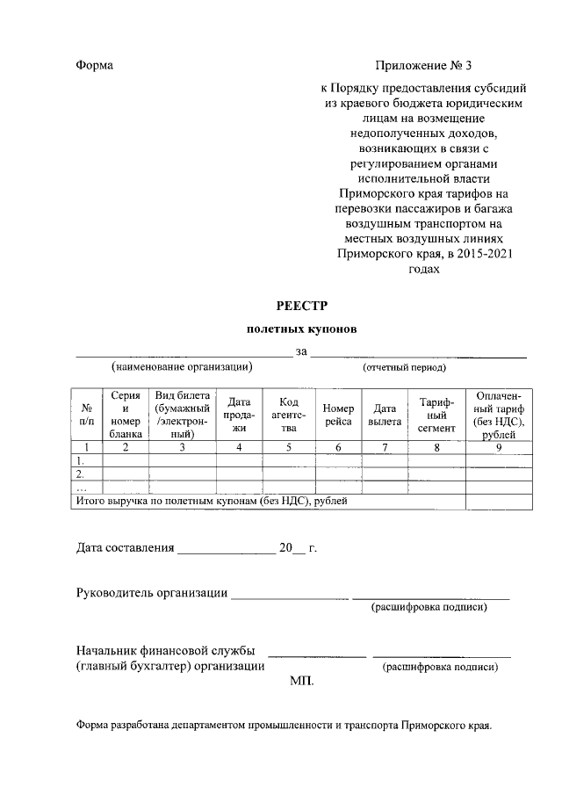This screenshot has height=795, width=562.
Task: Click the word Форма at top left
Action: pos(95,66)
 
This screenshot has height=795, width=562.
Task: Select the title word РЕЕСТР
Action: pos(301,306)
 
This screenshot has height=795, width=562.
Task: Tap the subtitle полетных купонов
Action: pos(301,329)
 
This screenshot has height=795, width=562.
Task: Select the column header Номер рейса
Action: pos(338,415)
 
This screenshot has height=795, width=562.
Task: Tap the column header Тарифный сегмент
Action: pos(436,415)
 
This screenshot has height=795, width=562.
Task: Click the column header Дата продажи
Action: pos(240,415)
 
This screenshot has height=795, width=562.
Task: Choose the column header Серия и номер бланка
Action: pos(126,415)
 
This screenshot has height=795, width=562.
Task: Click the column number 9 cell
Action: pos(499,447)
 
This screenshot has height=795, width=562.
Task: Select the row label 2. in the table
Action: pos(81,473)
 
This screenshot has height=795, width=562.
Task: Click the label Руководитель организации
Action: pos(152,593)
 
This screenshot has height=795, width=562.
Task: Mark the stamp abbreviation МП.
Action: pos(301,681)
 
